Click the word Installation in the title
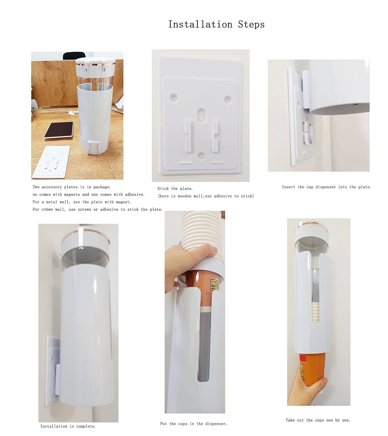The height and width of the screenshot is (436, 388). click(x=200, y=24)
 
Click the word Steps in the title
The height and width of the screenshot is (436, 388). click(x=251, y=24)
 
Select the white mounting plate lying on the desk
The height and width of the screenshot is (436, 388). click(x=51, y=162)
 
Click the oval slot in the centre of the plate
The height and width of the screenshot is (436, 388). click(x=200, y=115)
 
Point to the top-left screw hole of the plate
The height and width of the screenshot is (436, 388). click(x=174, y=97)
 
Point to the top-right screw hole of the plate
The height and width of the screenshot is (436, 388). click(x=228, y=98)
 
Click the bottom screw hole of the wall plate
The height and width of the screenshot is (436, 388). click(x=200, y=155)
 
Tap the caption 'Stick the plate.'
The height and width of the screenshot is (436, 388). click(x=175, y=189)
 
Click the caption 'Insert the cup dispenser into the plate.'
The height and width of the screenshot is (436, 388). click(x=326, y=187)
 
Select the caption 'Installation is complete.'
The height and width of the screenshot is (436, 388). click(x=68, y=426)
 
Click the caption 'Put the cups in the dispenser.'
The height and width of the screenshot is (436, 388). click(x=194, y=424)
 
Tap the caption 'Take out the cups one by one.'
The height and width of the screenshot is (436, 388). click(x=318, y=420)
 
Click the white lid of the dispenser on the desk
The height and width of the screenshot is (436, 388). click(x=95, y=63)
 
